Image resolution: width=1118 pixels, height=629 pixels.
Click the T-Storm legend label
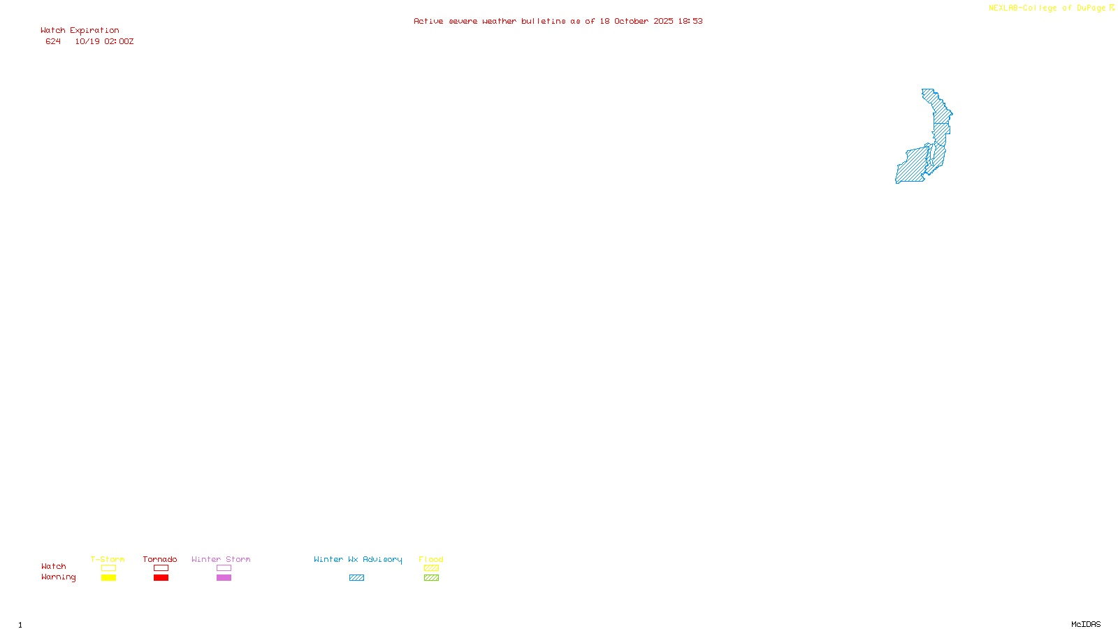pyautogui.click(x=108, y=559)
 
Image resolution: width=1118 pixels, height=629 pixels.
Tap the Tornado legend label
pyautogui.click(x=160, y=559)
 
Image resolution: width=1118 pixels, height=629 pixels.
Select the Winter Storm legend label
pyautogui.click(x=221, y=559)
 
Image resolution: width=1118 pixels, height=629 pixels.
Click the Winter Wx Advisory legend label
pyautogui.click(x=358, y=559)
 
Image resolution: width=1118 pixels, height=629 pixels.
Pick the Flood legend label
pyautogui.click(x=431, y=559)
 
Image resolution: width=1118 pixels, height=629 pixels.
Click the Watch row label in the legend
pyautogui.click(x=54, y=566)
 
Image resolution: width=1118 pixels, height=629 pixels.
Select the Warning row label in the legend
pyautogui.click(x=59, y=577)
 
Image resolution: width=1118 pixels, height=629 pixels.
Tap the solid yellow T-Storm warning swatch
pyautogui.click(x=108, y=578)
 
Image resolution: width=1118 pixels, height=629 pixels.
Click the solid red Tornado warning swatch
pyautogui.click(x=161, y=578)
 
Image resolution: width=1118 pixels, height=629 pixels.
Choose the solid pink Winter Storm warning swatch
pyautogui.click(x=224, y=578)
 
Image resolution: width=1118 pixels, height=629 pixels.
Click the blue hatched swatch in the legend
pyautogui.click(x=356, y=578)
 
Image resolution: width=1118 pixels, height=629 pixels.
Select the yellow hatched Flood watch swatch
pyautogui.click(x=431, y=568)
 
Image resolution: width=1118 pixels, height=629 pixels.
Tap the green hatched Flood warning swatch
pyautogui.click(x=431, y=578)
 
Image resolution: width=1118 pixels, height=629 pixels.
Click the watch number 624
pyautogui.click(x=53, y=41)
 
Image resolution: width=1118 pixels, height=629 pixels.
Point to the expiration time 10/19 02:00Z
pyautogui.click(x=105, y=41)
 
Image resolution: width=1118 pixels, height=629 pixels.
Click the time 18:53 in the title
pyautogui.click(x=690, y=21)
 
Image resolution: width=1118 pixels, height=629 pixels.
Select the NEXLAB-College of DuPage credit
pyautogui.click(x=1047, y=8)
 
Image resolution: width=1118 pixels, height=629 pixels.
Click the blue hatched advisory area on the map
pyautogui.click(x=913, y=166)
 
